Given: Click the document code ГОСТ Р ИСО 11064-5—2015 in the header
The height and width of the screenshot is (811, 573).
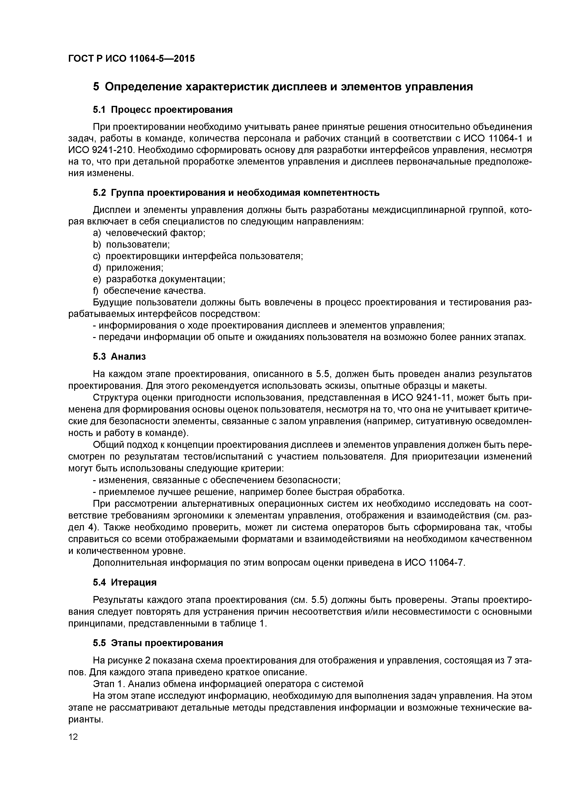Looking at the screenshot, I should pyautogui.click(x=131, y=58).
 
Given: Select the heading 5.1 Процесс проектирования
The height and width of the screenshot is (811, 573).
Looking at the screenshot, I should pyautogui.click(x=163, y=110).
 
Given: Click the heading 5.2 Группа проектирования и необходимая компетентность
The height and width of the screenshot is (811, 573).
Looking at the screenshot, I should pyautogui.click(x=236, y=193).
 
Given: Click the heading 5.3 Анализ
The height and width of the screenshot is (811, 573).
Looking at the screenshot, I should pyautogui.click(x=119, y=356).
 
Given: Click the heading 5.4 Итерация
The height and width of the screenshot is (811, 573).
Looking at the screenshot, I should pyautogui.click(x=125, y=582).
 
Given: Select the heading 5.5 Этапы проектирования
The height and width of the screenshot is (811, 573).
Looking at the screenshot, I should pyautogui.click(x=158, y=643).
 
